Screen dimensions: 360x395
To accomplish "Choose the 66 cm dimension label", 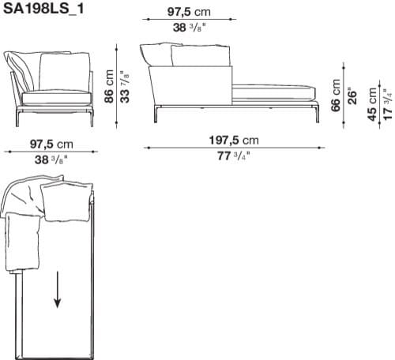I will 337,95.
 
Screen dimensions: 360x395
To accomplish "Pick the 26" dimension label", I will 352,95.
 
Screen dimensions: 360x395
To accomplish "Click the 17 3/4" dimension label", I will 386,102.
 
